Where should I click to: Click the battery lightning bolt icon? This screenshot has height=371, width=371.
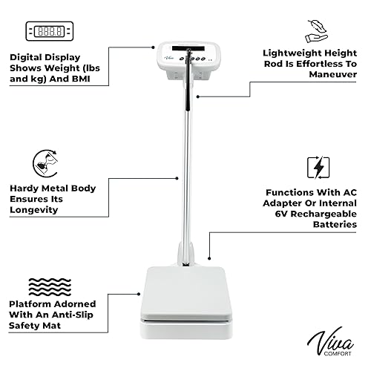317,168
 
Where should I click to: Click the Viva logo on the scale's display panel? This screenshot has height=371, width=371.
170,53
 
